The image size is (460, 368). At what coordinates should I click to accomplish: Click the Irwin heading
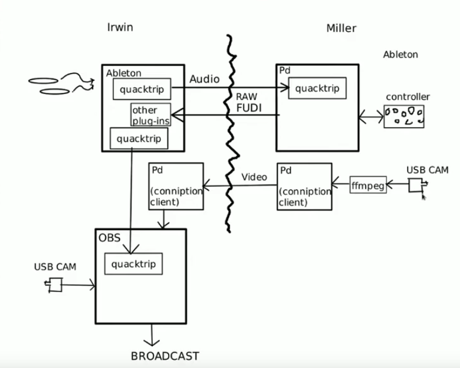click(x=120, y=27)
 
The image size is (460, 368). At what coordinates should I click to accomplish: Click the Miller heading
click(x=341, y=28)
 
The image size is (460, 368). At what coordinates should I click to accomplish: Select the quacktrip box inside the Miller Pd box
click(x=314, y=89)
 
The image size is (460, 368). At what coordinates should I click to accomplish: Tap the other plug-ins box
click(x=151, y=115)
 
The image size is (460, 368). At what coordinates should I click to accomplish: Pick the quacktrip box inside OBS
click(x=134, y=264)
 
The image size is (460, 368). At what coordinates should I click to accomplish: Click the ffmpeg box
click(x=368, y=186)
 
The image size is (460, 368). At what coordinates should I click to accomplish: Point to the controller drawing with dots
click(x=404, y=116)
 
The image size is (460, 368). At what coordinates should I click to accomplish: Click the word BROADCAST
click(x=165, y=356)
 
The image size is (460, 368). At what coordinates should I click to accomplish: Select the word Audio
click(x=205, y=79)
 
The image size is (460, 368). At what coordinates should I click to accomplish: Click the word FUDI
click(x=248, y=108)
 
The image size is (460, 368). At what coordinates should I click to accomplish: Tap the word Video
click(x=254, y=176)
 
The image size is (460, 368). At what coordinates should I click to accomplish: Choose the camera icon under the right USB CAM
click(x=416, y=185)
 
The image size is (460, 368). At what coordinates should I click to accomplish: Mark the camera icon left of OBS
click(x=55, y=285)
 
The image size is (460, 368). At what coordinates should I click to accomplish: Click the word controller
click(x=408, y=96)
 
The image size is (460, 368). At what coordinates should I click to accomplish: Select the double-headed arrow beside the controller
click(x=370, y=118)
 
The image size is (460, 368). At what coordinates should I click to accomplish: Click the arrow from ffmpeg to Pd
click(x=341, y=186)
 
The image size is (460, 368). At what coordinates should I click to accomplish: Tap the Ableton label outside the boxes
click(x=400, y=55)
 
